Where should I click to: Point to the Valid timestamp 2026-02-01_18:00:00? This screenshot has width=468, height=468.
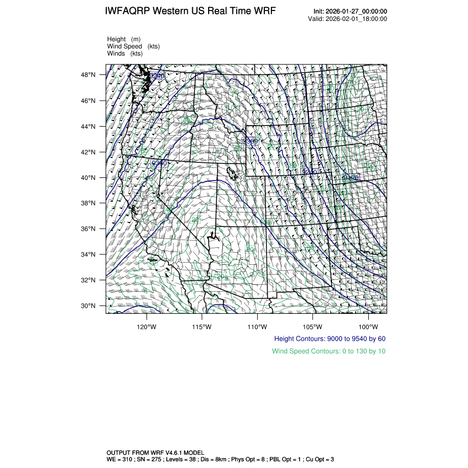click(x=356, y=19)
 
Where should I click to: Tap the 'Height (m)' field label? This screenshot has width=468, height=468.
click(x=124, y=39)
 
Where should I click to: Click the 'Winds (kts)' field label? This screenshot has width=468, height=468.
click(x=125, y=53)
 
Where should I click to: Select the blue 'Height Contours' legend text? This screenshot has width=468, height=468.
click(x=329, y=339)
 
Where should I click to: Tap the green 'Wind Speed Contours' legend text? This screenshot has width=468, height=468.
click(x=329, y=351)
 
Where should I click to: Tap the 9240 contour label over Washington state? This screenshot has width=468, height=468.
click(x=157, y=75)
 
